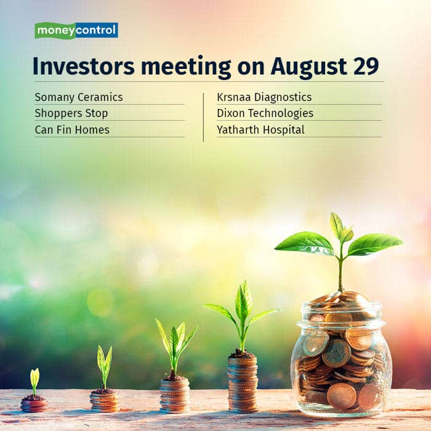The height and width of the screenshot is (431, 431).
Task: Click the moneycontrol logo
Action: tap(76, 30)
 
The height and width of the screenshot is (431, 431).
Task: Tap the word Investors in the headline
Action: tap(84, 66)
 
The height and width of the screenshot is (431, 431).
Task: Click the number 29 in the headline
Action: tap(366, 66)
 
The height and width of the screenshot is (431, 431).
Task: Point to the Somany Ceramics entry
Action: tap(79, 97)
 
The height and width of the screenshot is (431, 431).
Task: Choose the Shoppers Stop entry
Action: tap(71, 113)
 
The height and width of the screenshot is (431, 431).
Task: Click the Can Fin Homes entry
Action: tap(72, 130)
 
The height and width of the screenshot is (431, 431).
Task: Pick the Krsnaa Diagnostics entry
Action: tap(264, 97)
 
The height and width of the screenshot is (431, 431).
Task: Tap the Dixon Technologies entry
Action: tap(265, 113)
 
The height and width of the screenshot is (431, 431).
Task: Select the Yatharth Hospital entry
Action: tap(260, 130)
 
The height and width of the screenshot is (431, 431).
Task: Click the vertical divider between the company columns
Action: tap(203, 118)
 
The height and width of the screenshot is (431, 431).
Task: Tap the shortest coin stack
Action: tap(34, 406)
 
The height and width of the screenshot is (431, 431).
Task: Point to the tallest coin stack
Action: tap(243, 384)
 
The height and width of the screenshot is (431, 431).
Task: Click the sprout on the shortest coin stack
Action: tap(34, 382)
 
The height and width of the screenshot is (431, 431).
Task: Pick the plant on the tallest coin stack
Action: tap(242, 316)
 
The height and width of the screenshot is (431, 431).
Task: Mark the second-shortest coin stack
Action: tap(105, 401)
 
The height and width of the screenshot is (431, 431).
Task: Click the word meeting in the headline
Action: tap(186, 68)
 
